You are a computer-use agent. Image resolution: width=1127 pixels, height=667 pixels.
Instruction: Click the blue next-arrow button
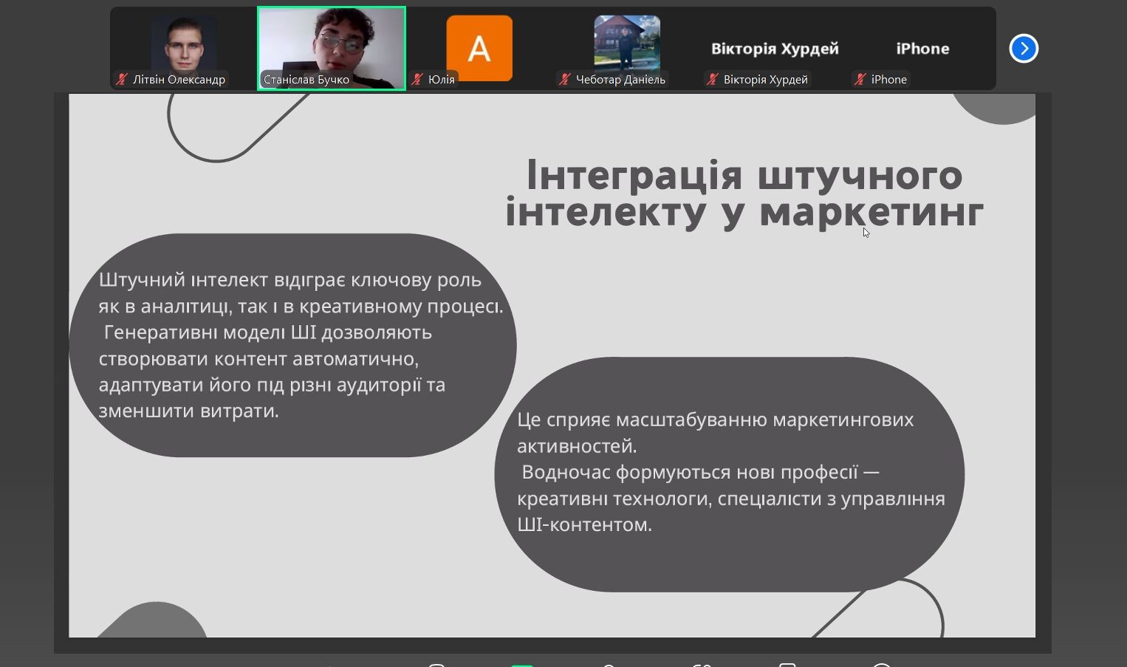(1024, 48)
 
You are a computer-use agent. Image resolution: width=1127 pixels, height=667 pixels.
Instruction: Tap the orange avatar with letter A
(479, 48)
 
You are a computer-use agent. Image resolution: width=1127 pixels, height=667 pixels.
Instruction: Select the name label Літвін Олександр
(179, 80)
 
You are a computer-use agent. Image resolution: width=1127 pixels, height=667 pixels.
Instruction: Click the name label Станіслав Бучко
(306, 80)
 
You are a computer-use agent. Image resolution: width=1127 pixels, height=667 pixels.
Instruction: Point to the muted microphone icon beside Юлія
(417, 80)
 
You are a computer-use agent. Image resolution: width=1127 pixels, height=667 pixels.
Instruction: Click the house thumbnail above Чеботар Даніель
(627, 43)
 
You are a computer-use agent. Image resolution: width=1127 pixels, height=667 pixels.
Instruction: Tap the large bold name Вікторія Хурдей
(775, 49)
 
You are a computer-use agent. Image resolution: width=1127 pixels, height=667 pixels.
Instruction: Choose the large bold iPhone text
(922, 49)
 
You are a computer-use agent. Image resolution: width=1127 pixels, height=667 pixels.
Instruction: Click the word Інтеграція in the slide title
(634, 176)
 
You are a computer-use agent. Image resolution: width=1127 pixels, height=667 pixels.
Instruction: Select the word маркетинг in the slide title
(871, 213)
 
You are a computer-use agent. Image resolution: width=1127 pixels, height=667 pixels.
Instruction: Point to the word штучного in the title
(860, 177)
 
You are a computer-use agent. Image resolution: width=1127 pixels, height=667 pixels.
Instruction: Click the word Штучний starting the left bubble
(142, 280)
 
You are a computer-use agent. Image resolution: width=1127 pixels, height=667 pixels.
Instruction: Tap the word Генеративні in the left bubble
(160, 332)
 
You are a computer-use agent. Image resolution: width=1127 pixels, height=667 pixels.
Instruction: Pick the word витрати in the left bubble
(239, 411)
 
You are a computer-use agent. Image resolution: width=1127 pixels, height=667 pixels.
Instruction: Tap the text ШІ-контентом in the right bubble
(585, 524)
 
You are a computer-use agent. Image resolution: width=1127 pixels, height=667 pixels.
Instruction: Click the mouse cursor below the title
(866, 233)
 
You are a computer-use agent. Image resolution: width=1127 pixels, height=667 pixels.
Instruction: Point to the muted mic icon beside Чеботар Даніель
(564, 80)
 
